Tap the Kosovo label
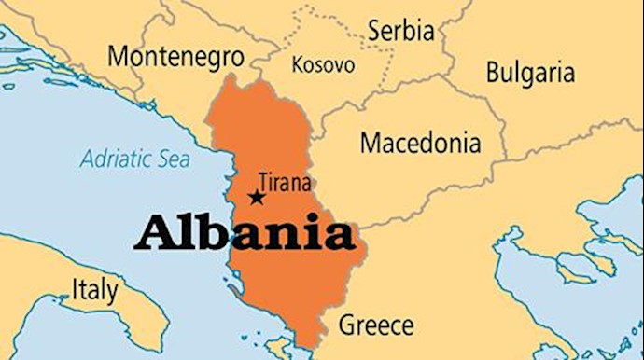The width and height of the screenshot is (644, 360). click(x=323, y=65)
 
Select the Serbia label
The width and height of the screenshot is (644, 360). click(x=400, y=31)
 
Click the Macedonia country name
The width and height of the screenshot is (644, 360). click(x=420, y=144)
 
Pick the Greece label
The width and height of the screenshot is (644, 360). click(x=375, y=325)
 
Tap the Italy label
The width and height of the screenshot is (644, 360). click(x=95, y=289)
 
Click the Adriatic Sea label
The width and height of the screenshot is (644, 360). click(x=134, y=159)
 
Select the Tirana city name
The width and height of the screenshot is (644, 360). click(x=284, y=183)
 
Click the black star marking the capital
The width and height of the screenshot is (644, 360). click(x=256, y=198)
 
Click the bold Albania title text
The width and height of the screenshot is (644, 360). click(x=244, y=233)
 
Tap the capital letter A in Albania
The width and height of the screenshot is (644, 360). click(x=154, y=232)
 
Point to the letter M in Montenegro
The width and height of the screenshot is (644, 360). click(x=119, y=56)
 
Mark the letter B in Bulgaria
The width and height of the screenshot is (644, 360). click(x=492, y=72)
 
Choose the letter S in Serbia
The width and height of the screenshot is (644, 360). click(x=373, y=31)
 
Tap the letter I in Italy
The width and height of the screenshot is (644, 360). click(x=76, y=289)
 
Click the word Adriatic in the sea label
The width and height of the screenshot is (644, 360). click(x=116, y=159)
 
